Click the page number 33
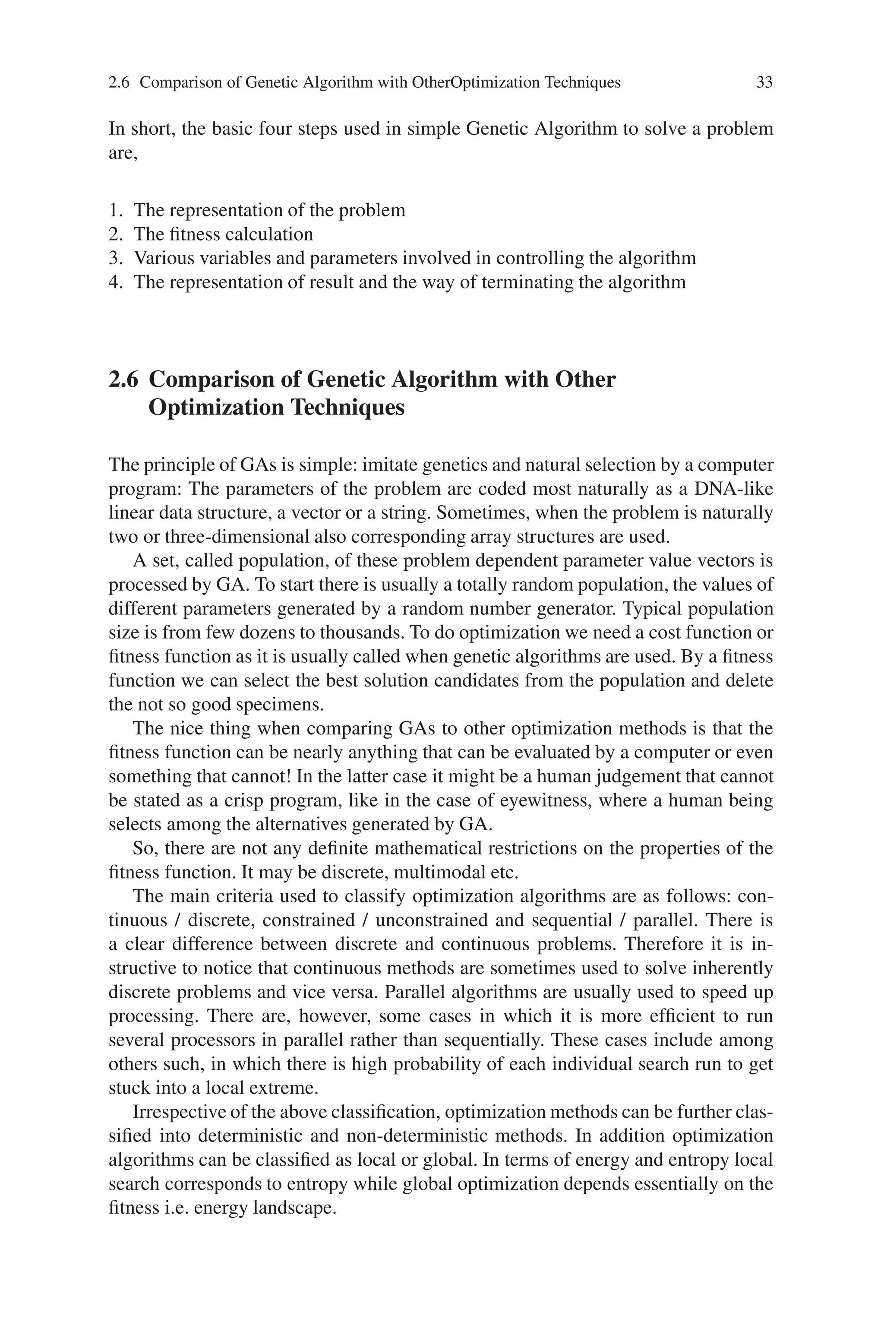pyautogui.click(x=764, y=83)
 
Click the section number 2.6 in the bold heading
pyautogui.click(x=123, y=380)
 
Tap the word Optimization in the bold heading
pyautogui.click(x=215, y=407)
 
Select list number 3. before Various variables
pyautogui.click(x=116, y=258)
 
